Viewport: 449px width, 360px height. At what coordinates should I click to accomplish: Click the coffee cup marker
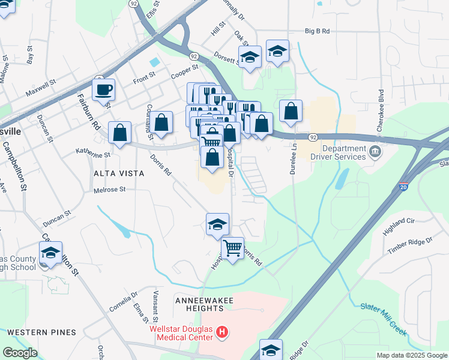tap(103, 90)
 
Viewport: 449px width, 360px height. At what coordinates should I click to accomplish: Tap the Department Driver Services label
tap(344, 152)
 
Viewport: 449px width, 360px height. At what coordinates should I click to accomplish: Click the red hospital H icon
tap(223, 331)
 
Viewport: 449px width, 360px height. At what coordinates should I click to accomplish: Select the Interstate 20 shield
tap(404, 187)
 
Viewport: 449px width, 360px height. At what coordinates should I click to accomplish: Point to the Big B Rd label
tap(319, 31)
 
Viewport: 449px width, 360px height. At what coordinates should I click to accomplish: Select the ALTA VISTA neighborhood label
tap(119, 173)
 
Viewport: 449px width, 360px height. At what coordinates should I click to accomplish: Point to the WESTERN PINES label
tap(41, 332)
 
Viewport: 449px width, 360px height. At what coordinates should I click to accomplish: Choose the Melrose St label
tap(109, 190)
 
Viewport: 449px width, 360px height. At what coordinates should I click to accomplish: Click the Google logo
tap(20, 353)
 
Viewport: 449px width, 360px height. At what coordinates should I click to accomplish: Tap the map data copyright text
tap(412, 355)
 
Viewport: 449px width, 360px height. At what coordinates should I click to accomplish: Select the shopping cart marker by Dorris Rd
tap(232, 247)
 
